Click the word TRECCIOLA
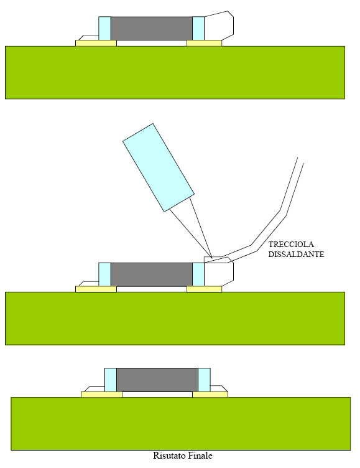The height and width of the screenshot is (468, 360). (x=291, y=245)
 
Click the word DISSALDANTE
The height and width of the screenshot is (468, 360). (x=296, y=255)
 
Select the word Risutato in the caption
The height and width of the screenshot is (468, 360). (x=168, y=456)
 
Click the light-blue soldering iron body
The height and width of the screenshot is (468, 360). (x=159, y=167)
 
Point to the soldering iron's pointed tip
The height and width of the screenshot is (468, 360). (x=212, y=258)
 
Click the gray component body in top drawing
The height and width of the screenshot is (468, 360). (x=152, y=29)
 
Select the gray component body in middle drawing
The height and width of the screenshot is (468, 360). (x=152, y=274)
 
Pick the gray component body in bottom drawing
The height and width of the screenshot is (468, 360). (x=157, y=380)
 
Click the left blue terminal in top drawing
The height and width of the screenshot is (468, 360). (x=104, y=29)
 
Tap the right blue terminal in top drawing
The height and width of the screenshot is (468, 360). (x=198, y=29)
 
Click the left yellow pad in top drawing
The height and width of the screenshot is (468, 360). (x=96, y=44)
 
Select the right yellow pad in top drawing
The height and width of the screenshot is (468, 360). (x=205, y=44)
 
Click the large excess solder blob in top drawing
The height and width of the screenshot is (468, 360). (x=219, y=26)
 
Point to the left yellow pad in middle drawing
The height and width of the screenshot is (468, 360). (x=96, y=289)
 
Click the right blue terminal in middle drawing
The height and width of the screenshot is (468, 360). (x=198, y=274)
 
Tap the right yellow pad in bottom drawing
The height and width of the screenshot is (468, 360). (x=210, y=395)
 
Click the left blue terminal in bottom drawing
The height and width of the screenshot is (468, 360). (x=111, y=380)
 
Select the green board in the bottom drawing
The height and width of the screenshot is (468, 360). (x=181, y=424)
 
